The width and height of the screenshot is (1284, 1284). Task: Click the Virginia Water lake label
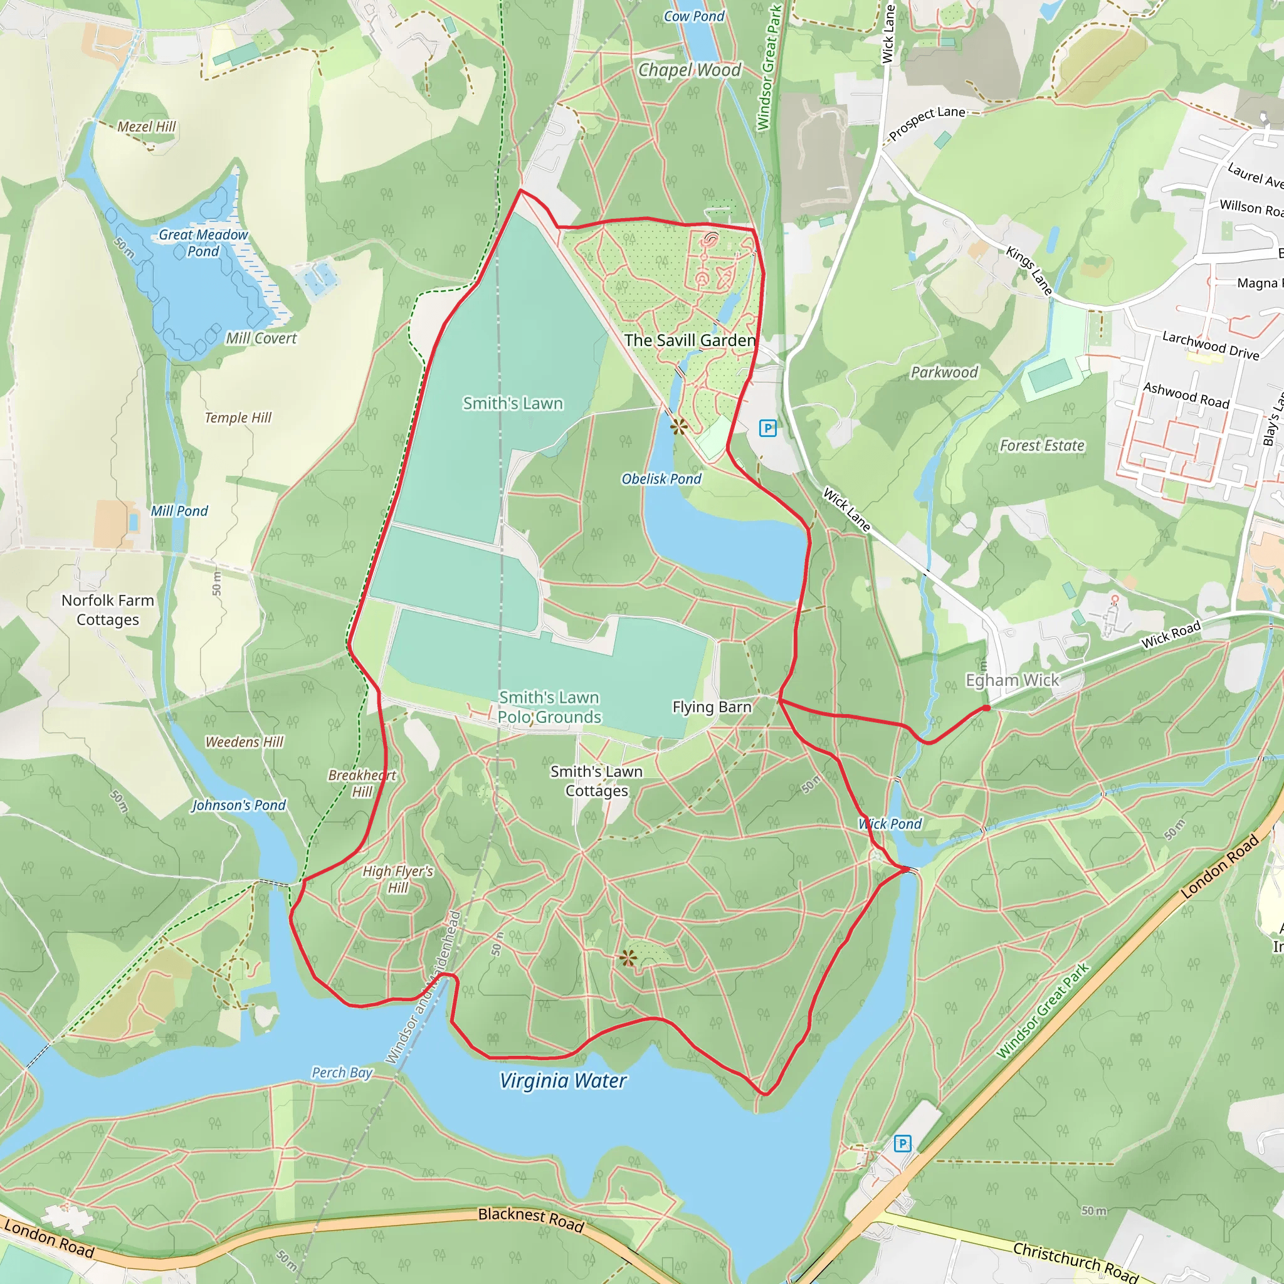click(x=563, y=1081)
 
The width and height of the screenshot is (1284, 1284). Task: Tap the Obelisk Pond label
click(x=661, y=478)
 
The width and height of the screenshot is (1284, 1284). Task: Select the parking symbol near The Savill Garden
click(x=767, y=429)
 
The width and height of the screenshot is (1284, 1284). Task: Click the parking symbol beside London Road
click(x=902, y=1144)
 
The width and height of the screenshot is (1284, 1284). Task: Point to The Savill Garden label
click(x=690, y=340)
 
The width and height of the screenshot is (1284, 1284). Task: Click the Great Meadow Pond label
click(x=203, y=243)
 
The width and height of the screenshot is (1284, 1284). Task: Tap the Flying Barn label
click(x=712, y=707)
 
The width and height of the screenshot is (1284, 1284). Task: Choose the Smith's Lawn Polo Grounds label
click(x=550, y=707)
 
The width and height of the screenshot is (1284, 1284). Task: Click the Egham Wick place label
click(x=1012, y=680)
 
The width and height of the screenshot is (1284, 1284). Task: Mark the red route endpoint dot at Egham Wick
click(x=986, y=708)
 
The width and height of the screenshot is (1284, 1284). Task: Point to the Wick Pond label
click(x=890, y=824)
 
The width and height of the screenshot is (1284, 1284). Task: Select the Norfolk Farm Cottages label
click(x=108, y=609)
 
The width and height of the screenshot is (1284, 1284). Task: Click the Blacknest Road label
click(x=531, y=1219)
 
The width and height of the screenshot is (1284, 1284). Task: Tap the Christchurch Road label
click(x=1075, y=1261)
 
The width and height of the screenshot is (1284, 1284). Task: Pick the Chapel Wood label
click(x=689, y=70)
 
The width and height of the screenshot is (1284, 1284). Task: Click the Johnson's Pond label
click(x=239, y=806)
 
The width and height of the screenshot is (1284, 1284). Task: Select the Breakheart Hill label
click(x=362, y=783)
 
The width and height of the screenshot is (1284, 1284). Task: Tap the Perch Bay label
click(x=342, y=1073)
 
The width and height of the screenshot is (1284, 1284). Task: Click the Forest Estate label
click(x=1041, y=445)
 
